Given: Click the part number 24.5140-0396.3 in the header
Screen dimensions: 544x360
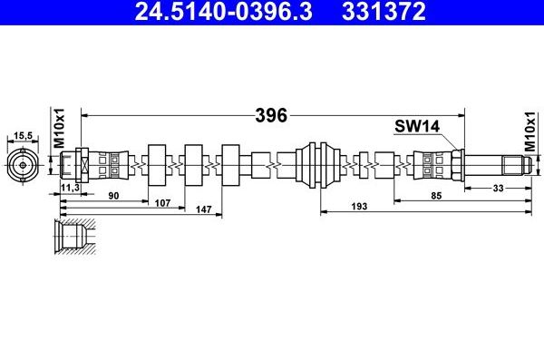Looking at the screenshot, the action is tap(223, 11).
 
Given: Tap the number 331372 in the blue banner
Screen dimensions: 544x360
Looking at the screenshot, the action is tap(384, 11).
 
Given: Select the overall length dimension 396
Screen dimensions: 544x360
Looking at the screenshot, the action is tap(271, 115).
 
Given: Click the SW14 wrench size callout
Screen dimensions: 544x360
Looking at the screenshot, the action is tap(417, 126).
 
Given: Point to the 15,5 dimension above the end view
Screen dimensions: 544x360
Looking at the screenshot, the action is tap(23, 135).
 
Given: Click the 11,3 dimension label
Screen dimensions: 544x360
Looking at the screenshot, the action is tap(70, 188).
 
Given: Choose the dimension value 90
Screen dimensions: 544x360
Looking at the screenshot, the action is tap(113, 196).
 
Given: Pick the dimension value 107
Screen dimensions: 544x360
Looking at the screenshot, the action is tap(162, 203).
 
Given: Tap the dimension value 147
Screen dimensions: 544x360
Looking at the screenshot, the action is tap(204, 209).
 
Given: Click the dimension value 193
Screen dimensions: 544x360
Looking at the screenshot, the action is tap(359, 206).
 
